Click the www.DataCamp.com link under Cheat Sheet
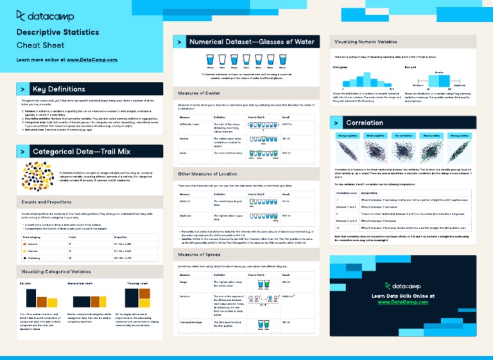(92, 60)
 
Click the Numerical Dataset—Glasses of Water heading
(252, 42)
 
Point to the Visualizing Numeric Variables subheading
(366, 42)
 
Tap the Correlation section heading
(364, 123)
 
